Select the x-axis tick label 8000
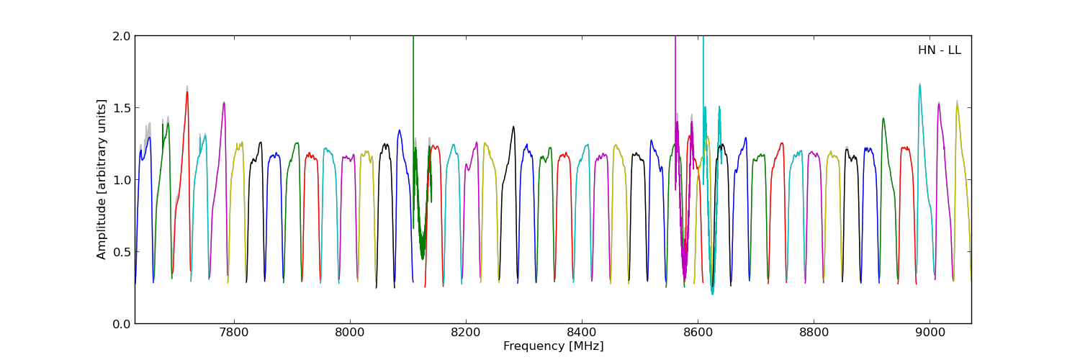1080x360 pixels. pos(349,333)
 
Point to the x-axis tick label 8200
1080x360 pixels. pos(466,333)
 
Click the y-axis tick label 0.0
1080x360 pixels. pos(120,324)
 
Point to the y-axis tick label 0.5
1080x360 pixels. pos(120,252)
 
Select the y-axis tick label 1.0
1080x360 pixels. pos(120,180)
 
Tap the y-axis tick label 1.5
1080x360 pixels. pos(120,108)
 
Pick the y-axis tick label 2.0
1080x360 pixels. pos(120,36)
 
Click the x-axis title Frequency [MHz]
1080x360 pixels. pos(553,346)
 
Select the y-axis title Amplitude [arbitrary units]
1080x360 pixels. pos(102,179)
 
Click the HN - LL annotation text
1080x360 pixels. pos(939,50)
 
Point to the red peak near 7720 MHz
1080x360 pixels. pos(187,92)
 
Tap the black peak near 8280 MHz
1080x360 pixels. pos(513,127)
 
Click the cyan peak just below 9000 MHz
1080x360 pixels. pos(919,85)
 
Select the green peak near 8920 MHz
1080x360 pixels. pos(883,119)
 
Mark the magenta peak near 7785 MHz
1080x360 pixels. pos(224,103)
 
